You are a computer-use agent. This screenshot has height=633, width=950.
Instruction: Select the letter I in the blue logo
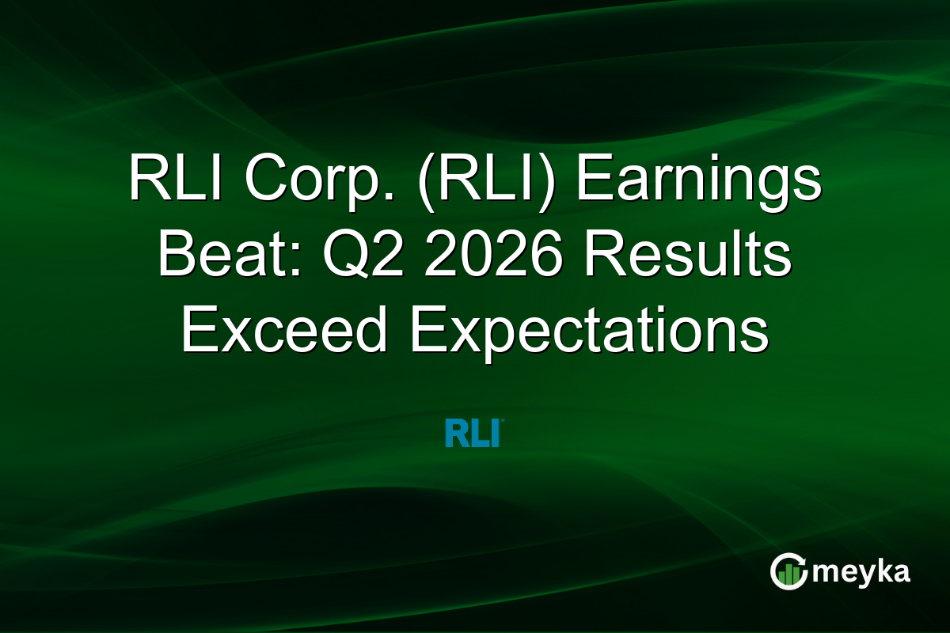click(494, 434)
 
